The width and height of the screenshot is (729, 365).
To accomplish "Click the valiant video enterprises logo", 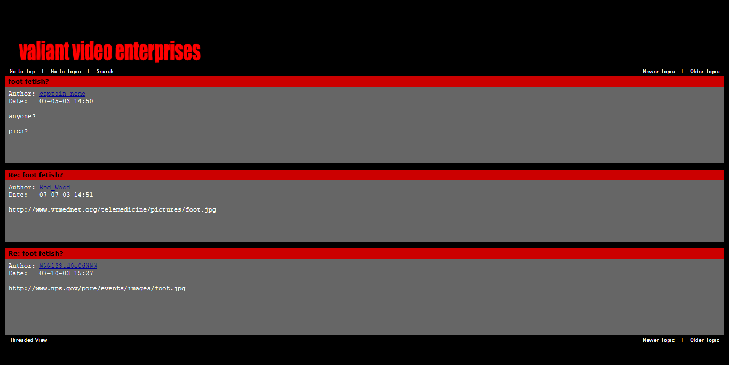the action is click(x=109, y=51).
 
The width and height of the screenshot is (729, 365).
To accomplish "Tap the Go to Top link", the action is click(x=22, y=72).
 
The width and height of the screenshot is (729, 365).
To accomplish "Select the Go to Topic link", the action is click(x=66, y=72).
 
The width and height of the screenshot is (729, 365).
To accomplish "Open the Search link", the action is click(x=105, y=72).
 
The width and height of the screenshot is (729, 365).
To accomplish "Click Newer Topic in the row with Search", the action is click(x=658, y=72).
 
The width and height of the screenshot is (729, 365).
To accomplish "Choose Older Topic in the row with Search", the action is click(x=704, y=72).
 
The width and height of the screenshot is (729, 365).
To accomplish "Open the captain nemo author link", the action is click(x=62, y=94).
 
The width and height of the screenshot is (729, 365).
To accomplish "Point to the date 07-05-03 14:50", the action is click(x=66, y=102).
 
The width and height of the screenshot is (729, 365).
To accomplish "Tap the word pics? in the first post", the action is click(x=18, y=131).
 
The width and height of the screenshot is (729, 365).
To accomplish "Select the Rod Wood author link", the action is click(x=54, y=188).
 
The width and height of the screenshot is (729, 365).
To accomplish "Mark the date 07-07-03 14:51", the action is click(x=66, y=195).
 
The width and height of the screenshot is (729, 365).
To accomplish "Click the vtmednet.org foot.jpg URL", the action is click(x=112, y=210).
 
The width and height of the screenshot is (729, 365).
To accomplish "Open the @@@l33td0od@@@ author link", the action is click(x=68, y=266).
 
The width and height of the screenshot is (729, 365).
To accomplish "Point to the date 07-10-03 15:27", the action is click(x=66, y=274).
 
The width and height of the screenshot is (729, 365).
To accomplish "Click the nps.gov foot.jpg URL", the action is click(x=97, y=289).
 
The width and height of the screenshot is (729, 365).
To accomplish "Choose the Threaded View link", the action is click(x=28, y=340).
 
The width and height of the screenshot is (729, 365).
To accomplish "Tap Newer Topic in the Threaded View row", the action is click(x=658, y=340).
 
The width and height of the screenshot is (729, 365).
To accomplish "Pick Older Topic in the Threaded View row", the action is click(x=704, y=340).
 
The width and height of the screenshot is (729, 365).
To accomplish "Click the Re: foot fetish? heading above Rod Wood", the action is click(x=36, y=175).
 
